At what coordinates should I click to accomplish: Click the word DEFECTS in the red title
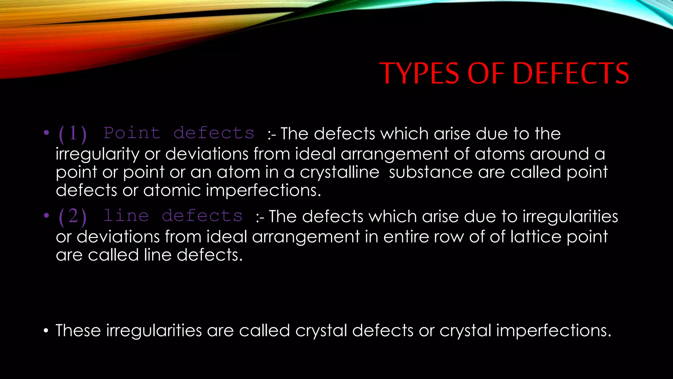click(x=570, y=73)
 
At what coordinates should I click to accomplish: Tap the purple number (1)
click(x=73, y=134)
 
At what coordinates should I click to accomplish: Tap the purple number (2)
click(x=73, y=216)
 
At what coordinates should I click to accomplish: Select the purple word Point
click(x=132, y=133)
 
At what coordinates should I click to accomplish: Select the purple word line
click(x=126, y=216)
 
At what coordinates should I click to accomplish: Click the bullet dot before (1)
click(x=46, y=133)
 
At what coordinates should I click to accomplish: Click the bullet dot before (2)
click(x=46, y=215)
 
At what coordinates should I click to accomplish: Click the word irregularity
click(x=98, y=154)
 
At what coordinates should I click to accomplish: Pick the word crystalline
click(x=339, y=172)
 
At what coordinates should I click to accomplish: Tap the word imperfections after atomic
click(x=263, y=190)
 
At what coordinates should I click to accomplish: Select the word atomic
click(x=172, y=190)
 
